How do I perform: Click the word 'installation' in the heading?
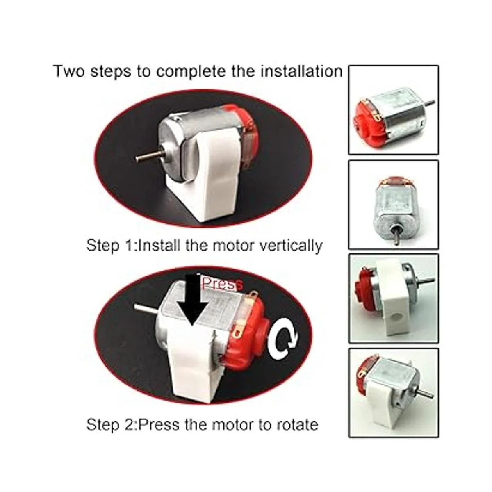(x=301, y=71)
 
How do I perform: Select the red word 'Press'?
(x=222, y=284)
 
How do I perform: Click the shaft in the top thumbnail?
(x=429, y=102)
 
